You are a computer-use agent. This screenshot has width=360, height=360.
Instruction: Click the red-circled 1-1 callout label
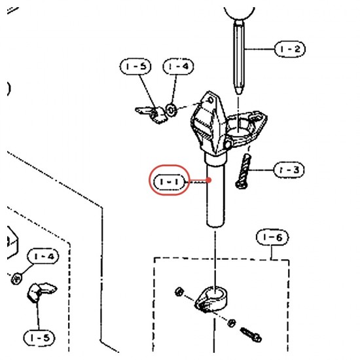[170, 182]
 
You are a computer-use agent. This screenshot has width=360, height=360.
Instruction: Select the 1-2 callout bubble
[290, 49]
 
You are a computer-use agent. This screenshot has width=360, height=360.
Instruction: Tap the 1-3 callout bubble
[289, 170]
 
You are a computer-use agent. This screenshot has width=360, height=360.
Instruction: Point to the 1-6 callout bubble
[272, 237]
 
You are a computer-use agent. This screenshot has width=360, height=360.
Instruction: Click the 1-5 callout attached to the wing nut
[39, 338]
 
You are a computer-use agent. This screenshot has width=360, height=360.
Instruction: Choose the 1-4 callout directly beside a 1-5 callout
[178, 66]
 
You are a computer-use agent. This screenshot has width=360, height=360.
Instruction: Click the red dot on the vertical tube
[209, 180]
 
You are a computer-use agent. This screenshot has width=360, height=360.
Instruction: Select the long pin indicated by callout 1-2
[239, 58]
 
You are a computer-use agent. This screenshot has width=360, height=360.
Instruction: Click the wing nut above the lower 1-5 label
[41, 292]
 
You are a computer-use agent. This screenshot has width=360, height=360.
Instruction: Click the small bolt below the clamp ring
[251, 334]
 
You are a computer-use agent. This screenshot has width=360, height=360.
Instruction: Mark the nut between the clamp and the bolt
[232, 323]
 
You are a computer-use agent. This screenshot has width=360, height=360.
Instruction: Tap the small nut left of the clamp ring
[179, 292]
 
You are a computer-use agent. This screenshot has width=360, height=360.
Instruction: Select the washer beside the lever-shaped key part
[171, 111]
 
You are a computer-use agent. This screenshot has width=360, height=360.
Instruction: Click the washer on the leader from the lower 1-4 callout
[16, 278]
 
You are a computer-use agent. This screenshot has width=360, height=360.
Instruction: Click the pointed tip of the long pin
[239, 93]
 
